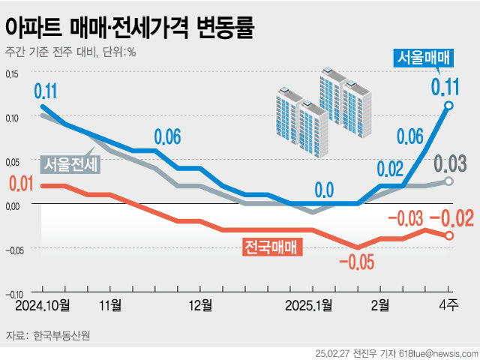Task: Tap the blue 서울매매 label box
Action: [422, 58]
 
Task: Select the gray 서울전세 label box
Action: [68, 163]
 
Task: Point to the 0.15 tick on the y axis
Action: [13, 74]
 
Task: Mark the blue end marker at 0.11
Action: [448, 106]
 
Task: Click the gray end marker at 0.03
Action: [449, 181]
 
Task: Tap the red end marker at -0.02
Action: [449, 235]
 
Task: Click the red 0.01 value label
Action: [22, 183]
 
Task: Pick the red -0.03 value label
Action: [404, 218]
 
